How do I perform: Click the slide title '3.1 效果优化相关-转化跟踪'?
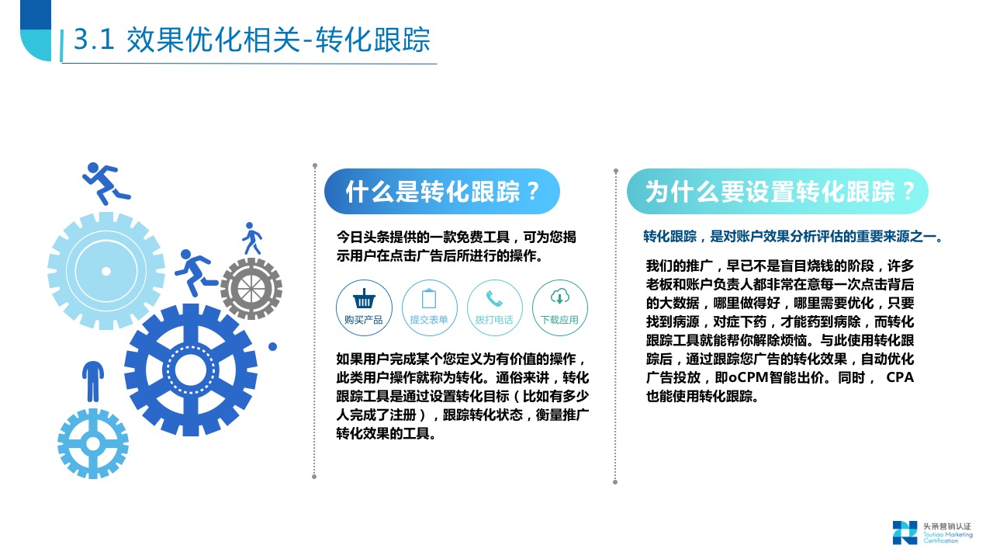point(251,40)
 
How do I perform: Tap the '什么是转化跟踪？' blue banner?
point(441,192)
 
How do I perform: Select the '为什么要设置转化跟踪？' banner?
point(777,192)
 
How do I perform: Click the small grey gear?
point(251,289)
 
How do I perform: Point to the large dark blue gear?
point(191,370)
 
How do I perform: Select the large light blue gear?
point(106,270)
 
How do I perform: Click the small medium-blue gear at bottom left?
point(93,443)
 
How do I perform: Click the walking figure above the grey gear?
point(251,238)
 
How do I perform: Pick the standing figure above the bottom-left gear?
point(92,380)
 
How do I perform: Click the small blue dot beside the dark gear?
point(272,347)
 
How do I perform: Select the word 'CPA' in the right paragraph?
point(900,378)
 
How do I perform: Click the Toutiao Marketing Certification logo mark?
point(904,533)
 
